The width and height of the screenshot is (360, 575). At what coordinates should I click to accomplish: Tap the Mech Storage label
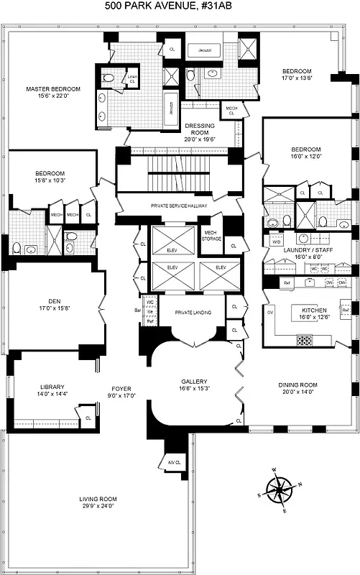pyautogui.click(x=210, y=236)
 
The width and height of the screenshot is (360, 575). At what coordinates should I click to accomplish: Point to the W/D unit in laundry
pyautogui.click(x=276, y=242)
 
